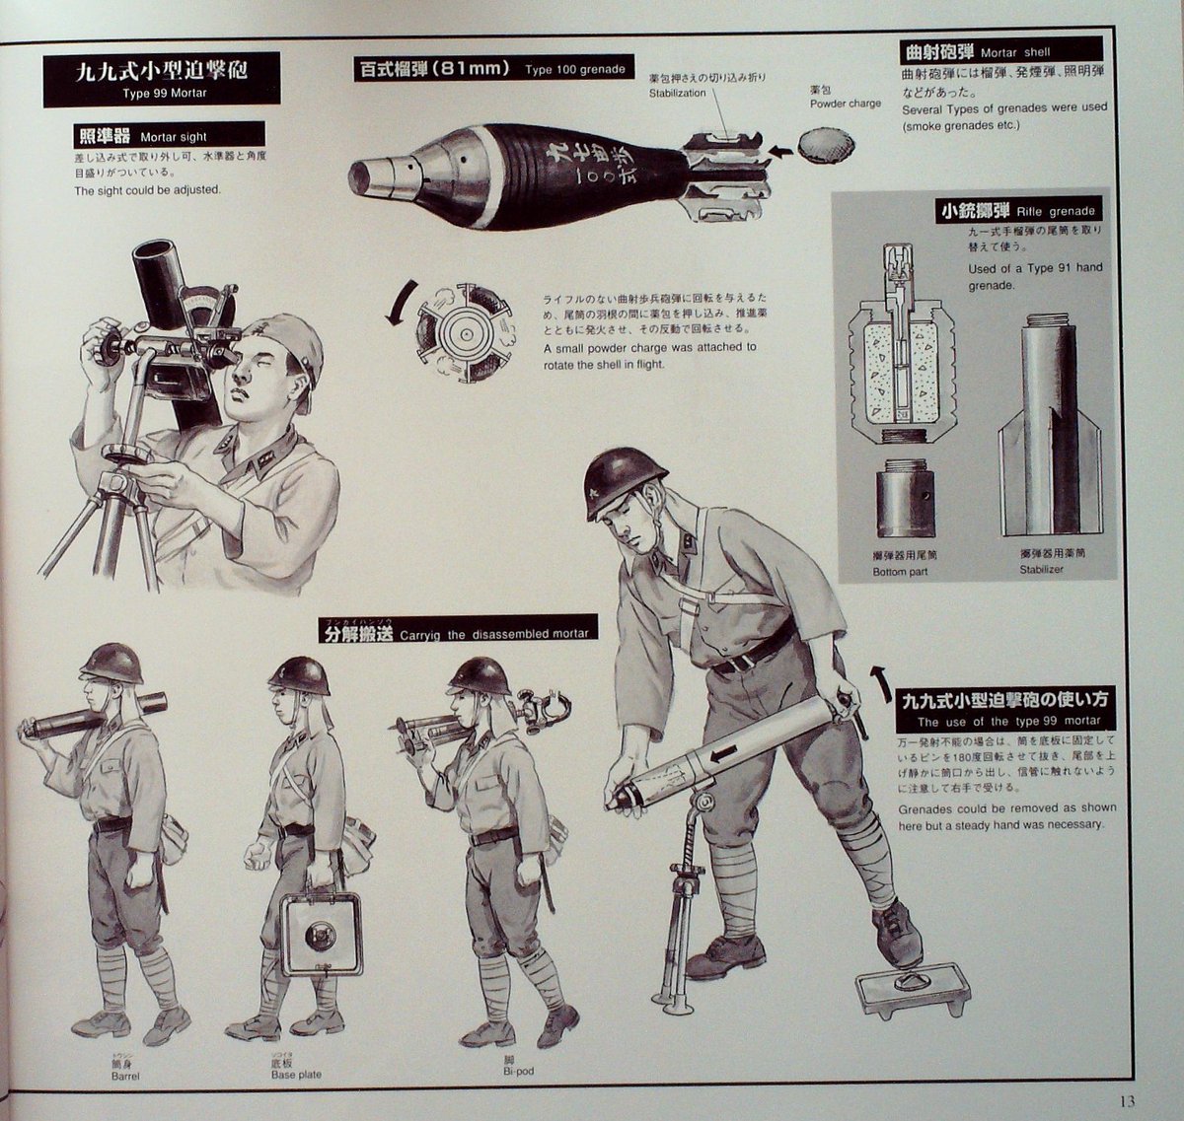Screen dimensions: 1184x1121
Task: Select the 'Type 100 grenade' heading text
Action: pyautogui.click(x=490, y=69)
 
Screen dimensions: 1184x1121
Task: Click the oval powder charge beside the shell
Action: pyautogui.click(x=827, y=146)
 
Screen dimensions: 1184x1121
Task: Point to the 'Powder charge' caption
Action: pyautogui.click(x=845, y=103)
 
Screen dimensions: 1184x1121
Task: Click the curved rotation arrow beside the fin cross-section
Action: pyautogui.click(x=399, y=303)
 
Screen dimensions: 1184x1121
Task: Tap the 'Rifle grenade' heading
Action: pyautogui.click(x=1017, y=211)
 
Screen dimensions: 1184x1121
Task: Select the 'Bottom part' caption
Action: pyautogui.click(x=900, y=571)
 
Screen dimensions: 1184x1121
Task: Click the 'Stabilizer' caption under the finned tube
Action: pyautogui.click(x=1043, y=569)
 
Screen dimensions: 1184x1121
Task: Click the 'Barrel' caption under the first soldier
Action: pyautogui.click(x=126, y=1076)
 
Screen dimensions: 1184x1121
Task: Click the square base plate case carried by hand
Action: pyautogui.click(x=321, y=934)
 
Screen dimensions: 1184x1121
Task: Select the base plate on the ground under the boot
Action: pyautogui.click(x=911, y=988)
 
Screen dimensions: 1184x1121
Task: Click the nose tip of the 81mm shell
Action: pyautogui.click(x=358, y=176)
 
